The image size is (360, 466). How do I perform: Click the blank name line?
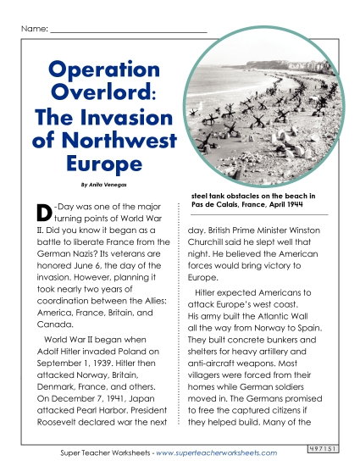tap(128, 31)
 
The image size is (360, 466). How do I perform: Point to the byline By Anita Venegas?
tap(104, 183)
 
